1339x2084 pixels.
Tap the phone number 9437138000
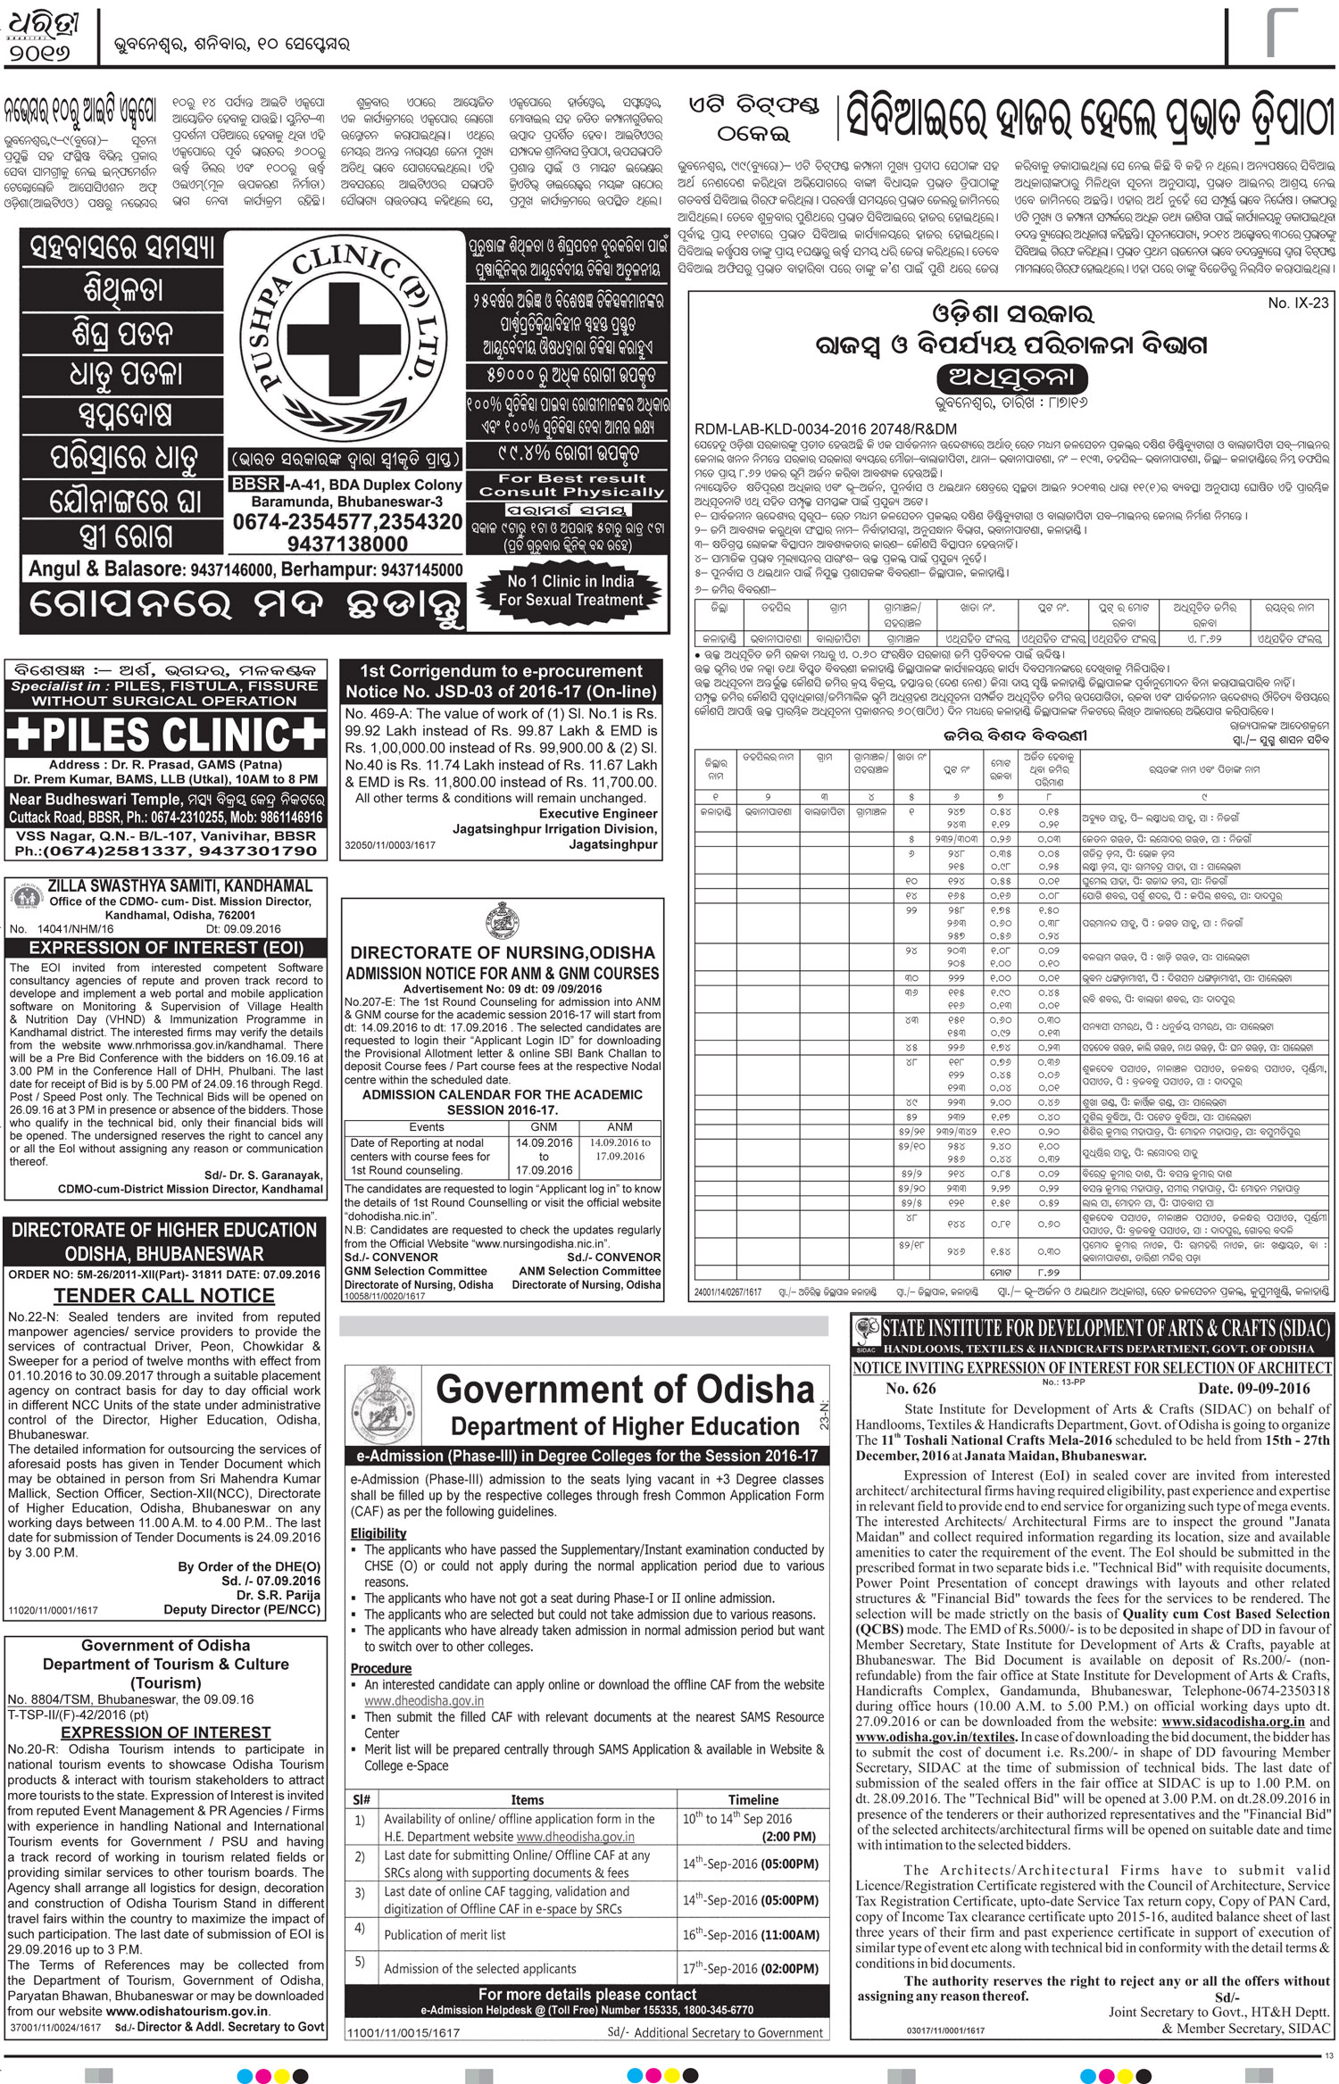[x=345, y=544]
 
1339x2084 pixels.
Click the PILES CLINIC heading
[x=166, y=735]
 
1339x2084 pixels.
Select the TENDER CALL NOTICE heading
[x=164, y=1295]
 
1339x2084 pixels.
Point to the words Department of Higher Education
[x=625, y=1426]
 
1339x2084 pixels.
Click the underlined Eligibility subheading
[x=378, y=1533]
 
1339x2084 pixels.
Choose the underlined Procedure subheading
[x=381, y=1668]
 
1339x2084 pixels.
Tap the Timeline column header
[x=753, y=1799]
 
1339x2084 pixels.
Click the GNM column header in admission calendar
[x=544, y=1127]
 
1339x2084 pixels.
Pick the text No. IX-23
[x=1298, y=303]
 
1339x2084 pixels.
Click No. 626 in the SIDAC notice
[x=911, y=1388]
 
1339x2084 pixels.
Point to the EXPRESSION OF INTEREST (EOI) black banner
[x=164, y=948]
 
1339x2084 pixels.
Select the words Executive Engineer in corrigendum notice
[x=598, y=813]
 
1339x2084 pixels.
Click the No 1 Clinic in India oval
[x=571, y=591]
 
